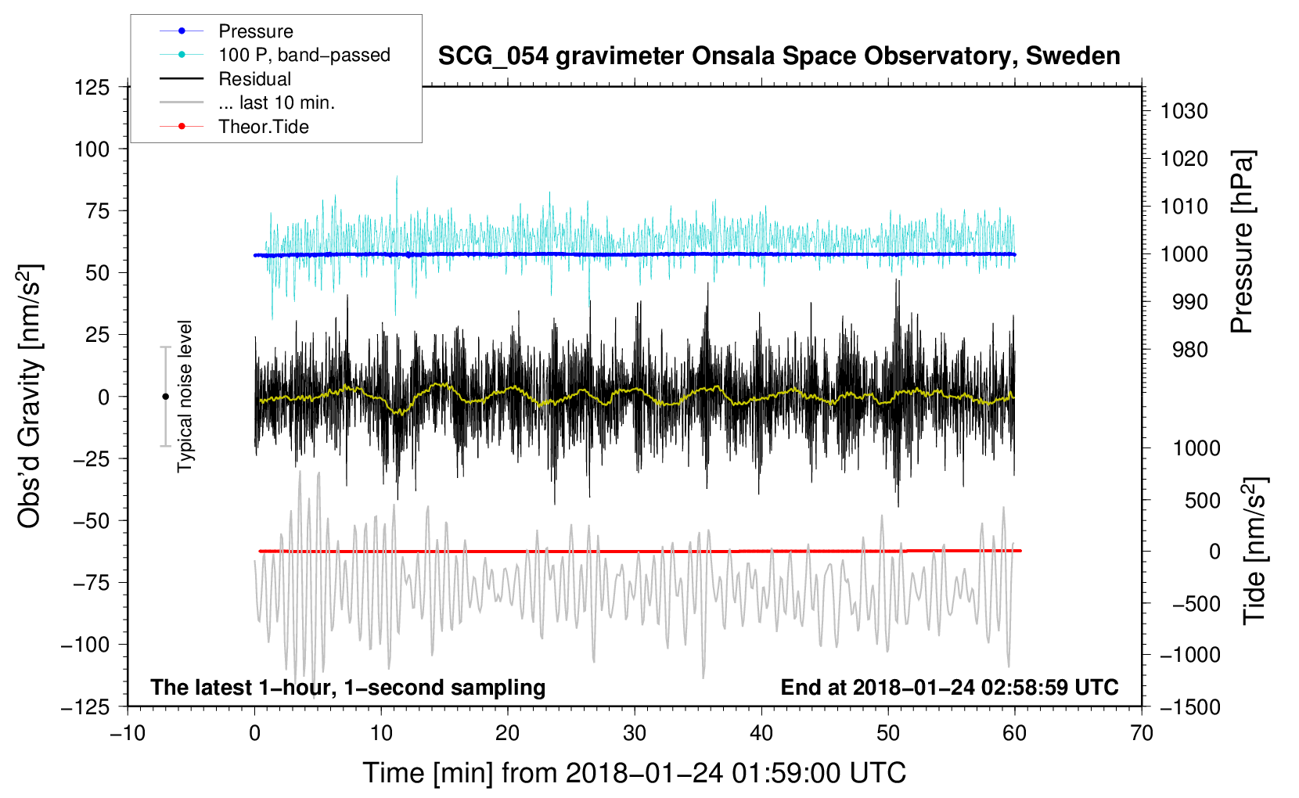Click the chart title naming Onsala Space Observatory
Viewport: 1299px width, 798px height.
(x=779, y=56)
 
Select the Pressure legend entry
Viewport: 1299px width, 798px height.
(x=226, y=31)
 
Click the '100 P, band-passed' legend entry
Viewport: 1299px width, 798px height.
(x=275, y=55)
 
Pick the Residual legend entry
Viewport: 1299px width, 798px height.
(x=225, y=79)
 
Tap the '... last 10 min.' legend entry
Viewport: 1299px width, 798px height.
(x=247, y=102)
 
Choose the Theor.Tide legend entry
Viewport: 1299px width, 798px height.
(x=234, y=127)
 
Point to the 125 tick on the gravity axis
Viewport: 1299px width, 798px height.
(x=92, y=88)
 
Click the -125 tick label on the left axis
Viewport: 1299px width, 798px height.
(x=85, y=707)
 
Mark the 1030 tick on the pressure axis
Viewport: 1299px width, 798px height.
(x=1184, y=111)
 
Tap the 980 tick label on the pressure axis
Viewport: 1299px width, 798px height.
(x=1190, y=350)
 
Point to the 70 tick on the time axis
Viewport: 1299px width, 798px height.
(x=1141, y=733)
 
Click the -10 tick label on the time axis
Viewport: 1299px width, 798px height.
(x=128, y=733)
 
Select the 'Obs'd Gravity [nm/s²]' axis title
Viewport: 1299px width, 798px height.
(x=29, y=396)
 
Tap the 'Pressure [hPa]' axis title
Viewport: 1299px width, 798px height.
(x=1242, y=242)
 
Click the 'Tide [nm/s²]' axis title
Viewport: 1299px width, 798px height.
(x=1255, y=551)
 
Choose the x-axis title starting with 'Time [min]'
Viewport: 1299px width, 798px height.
(x=635, y=773)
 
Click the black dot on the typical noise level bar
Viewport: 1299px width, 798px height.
(x=165, y=397)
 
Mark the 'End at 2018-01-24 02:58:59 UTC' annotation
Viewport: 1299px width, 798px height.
(x=949, y=687)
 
